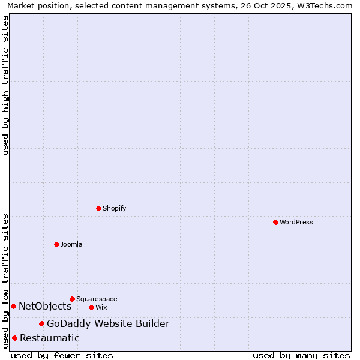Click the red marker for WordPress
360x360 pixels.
pos(275,222)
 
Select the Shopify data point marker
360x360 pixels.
pos(98,208)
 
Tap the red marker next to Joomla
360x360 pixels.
pos(56,244)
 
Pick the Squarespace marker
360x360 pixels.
pos(72,299)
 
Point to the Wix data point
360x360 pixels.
pos(91,307)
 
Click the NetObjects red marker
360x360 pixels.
pos(13,306)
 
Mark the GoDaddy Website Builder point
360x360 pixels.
pos(41,324)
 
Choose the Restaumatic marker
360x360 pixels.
pos(14,338)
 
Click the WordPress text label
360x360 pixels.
pos(296,222)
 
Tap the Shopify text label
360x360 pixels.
pos(114,208)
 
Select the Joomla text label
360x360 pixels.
pos(71,244)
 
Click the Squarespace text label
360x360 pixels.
pos(97,299)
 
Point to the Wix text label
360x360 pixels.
pos(101,307)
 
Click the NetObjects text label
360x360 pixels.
pos(45,307)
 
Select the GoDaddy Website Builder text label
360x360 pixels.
pos(108,324)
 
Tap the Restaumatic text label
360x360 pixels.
pos(49,338)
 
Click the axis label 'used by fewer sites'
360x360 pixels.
pos(62,356)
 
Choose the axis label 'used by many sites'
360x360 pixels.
pos(301,356)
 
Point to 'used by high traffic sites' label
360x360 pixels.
pos(5,85)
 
